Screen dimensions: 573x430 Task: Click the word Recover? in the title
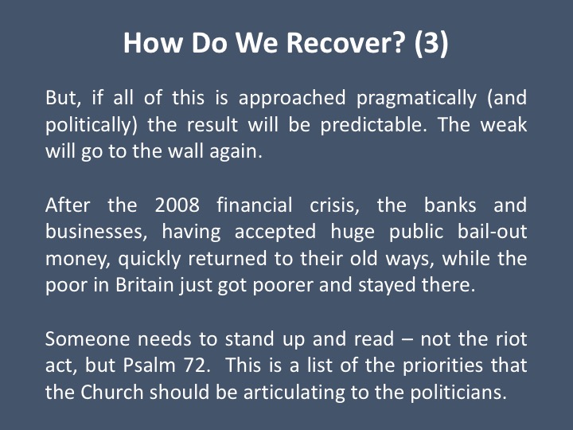345,43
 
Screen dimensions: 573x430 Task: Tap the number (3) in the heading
431,44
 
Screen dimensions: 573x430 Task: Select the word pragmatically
416,99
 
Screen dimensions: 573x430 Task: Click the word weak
504,124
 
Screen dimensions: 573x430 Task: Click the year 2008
177,205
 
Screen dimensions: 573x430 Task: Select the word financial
255,205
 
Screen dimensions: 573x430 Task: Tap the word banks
450,205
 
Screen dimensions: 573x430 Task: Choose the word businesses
96,232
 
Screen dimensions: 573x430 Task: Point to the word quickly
149,260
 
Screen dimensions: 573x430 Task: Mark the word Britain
144,285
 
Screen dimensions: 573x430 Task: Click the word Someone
88,339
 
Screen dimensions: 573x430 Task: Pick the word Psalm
149,365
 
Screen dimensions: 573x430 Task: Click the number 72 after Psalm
196,365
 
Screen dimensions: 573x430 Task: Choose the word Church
112,393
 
